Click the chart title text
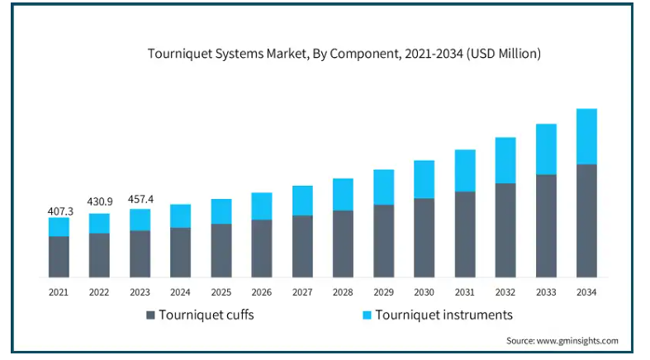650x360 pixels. (x=344, y=54)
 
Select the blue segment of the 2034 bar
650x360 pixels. (x=586, y=136)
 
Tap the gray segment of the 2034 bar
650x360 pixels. (x=586, y=220)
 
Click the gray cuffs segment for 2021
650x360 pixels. (x=59, y=257)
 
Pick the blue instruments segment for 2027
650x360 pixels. (x=302, y=201)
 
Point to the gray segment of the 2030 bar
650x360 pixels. (x=424, y=238)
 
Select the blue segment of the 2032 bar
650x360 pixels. (x=505, y=160)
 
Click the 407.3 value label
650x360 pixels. (x=59, y=211)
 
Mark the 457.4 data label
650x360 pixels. (x=140, y=199)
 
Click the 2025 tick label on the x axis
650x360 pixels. (x=221, y=292)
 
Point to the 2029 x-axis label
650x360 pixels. (x=383, y=292)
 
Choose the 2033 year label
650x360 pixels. (x=546, y=292)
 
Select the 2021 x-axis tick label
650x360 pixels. (x=59, y=292)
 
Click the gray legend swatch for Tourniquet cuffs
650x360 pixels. (x=150, y=315)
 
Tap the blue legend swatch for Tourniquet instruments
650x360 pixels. (x=365, y=315)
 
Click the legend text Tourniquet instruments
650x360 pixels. (x=444, y=315)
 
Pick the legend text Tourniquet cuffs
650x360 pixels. (x=206, y=315)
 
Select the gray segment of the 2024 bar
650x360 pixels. (x=180, y=252)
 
